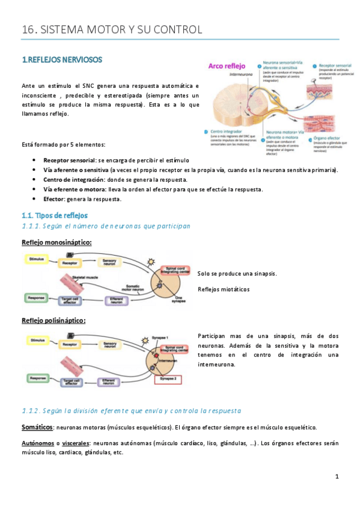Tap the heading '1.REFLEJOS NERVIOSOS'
62,60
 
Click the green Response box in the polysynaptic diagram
38,378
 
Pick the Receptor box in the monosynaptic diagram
70,262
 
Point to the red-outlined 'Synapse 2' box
169,379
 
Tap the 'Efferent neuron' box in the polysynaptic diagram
109,381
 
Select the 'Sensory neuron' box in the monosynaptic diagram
111,262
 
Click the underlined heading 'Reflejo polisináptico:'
53,321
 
